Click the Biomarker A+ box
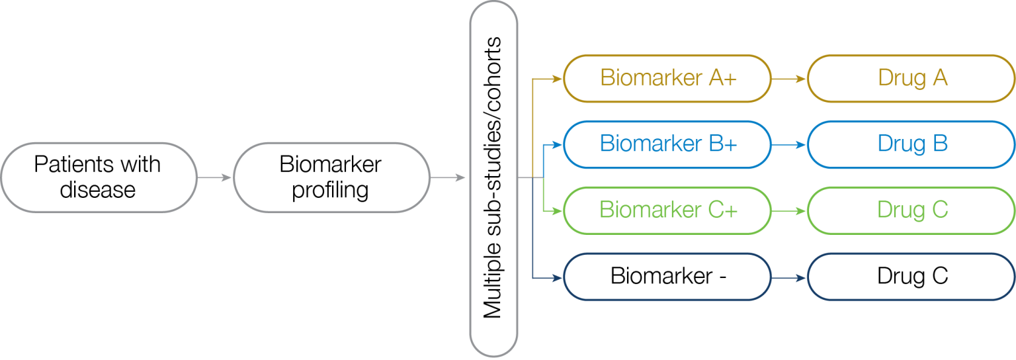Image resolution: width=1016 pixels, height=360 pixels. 667,78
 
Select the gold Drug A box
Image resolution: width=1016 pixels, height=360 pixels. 911,78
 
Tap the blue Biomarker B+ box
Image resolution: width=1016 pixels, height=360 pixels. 667,144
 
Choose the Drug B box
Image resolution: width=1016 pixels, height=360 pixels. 911,144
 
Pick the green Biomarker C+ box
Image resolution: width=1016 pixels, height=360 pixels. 667,210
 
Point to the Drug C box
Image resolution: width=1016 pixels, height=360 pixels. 911,210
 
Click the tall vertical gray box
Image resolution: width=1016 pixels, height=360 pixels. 493,179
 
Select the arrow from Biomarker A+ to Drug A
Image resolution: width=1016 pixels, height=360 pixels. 789,78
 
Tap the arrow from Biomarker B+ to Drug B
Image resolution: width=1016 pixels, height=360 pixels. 789,144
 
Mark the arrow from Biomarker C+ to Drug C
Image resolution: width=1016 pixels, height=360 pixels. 789,210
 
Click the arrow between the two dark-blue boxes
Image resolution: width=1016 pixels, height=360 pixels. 789,277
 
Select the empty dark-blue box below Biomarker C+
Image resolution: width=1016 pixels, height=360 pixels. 667,277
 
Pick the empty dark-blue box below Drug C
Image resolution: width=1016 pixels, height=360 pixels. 911,277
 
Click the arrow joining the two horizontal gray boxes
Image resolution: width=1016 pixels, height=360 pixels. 215,177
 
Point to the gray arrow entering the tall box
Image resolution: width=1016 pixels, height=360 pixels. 448,177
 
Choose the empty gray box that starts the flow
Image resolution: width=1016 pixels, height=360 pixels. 99,177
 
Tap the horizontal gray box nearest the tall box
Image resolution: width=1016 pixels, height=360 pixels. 332,177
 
